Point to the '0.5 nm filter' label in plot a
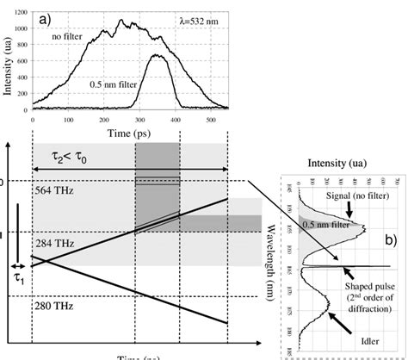pos(115,84)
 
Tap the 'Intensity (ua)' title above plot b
pos(345,160)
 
